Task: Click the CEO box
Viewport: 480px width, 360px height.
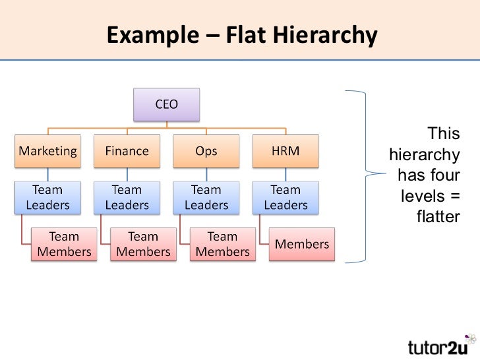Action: [x=166, y=104]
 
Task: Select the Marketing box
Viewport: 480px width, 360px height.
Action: [x=47, y=151]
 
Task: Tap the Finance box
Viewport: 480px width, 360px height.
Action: [x=127, y=151]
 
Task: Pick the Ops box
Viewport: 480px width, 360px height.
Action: [x=206, y=151]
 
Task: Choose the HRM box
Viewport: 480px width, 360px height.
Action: [x=285, y=151]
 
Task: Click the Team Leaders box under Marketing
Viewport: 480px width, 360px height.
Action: [x=47, y=197]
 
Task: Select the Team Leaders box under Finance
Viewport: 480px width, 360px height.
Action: [x=127, y=197]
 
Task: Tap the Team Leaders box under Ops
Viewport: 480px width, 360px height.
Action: [x=206, y=197]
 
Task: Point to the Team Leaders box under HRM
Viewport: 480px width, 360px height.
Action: [x=285, y=197]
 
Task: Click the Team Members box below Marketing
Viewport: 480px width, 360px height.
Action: [x=64, y=244]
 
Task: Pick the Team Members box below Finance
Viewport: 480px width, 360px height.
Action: [x=143, y=244]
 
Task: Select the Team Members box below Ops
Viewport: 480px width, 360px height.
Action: [x=223, y=244]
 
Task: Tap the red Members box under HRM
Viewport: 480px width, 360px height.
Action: [x=301, y=244]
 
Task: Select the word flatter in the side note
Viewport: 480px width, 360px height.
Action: [x=438, y=216]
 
